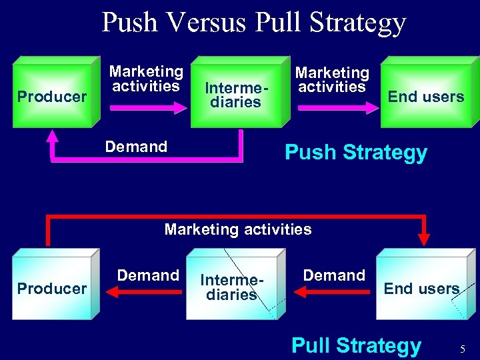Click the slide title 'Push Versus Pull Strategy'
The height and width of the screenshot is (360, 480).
tap(253, 23)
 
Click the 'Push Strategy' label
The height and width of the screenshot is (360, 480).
tap(356, 153)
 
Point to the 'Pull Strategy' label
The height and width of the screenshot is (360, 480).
tap(357, 345)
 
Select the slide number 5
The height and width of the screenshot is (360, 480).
tap(463, 348)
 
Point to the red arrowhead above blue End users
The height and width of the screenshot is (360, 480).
tap(424, 239)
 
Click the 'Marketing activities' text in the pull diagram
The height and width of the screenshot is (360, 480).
tap(238, 230)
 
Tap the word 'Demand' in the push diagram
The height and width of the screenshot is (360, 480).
tap(136, 147)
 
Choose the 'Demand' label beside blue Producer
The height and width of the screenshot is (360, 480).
tap(148, 275)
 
